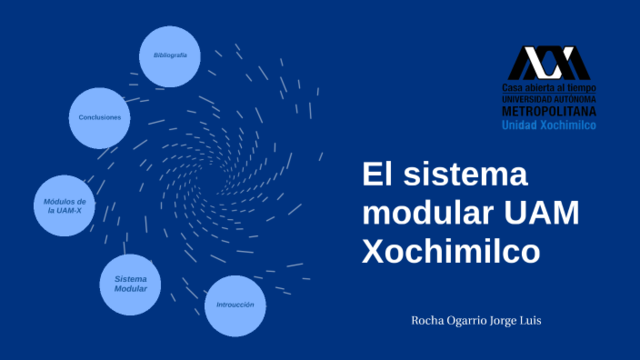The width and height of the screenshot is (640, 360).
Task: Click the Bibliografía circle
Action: click(x=170, y=54)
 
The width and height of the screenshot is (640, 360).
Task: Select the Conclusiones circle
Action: click(x=100, y=118)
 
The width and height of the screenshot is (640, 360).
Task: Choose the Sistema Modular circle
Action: click(x=131, y=283)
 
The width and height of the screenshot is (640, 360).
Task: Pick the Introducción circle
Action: click(x=236, y=304)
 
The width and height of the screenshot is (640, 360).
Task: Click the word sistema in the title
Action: click(x=461, y=177)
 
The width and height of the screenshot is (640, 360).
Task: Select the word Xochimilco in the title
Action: click(x=451, y=250)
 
